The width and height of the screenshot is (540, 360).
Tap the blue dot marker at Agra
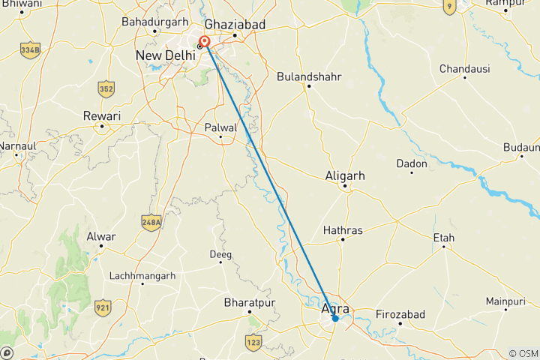tap(335, 319)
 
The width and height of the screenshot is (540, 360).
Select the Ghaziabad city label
tap(235, 25)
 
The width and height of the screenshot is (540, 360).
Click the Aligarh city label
tap(345, 175)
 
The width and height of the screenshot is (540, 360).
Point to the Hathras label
tap(343, 229)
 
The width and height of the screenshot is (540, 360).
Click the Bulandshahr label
tap(308, 76)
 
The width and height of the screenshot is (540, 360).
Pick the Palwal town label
tap(220, 128)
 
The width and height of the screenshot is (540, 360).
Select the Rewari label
tap(101, 116)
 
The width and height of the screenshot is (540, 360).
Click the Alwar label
tap(101, 237)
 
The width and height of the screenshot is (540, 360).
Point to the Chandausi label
tap(465, 69)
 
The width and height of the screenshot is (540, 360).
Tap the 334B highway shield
tap(31, 50)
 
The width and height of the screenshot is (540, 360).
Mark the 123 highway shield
tap(253, 343)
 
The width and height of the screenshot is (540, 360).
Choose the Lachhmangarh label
tap(142, 276)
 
